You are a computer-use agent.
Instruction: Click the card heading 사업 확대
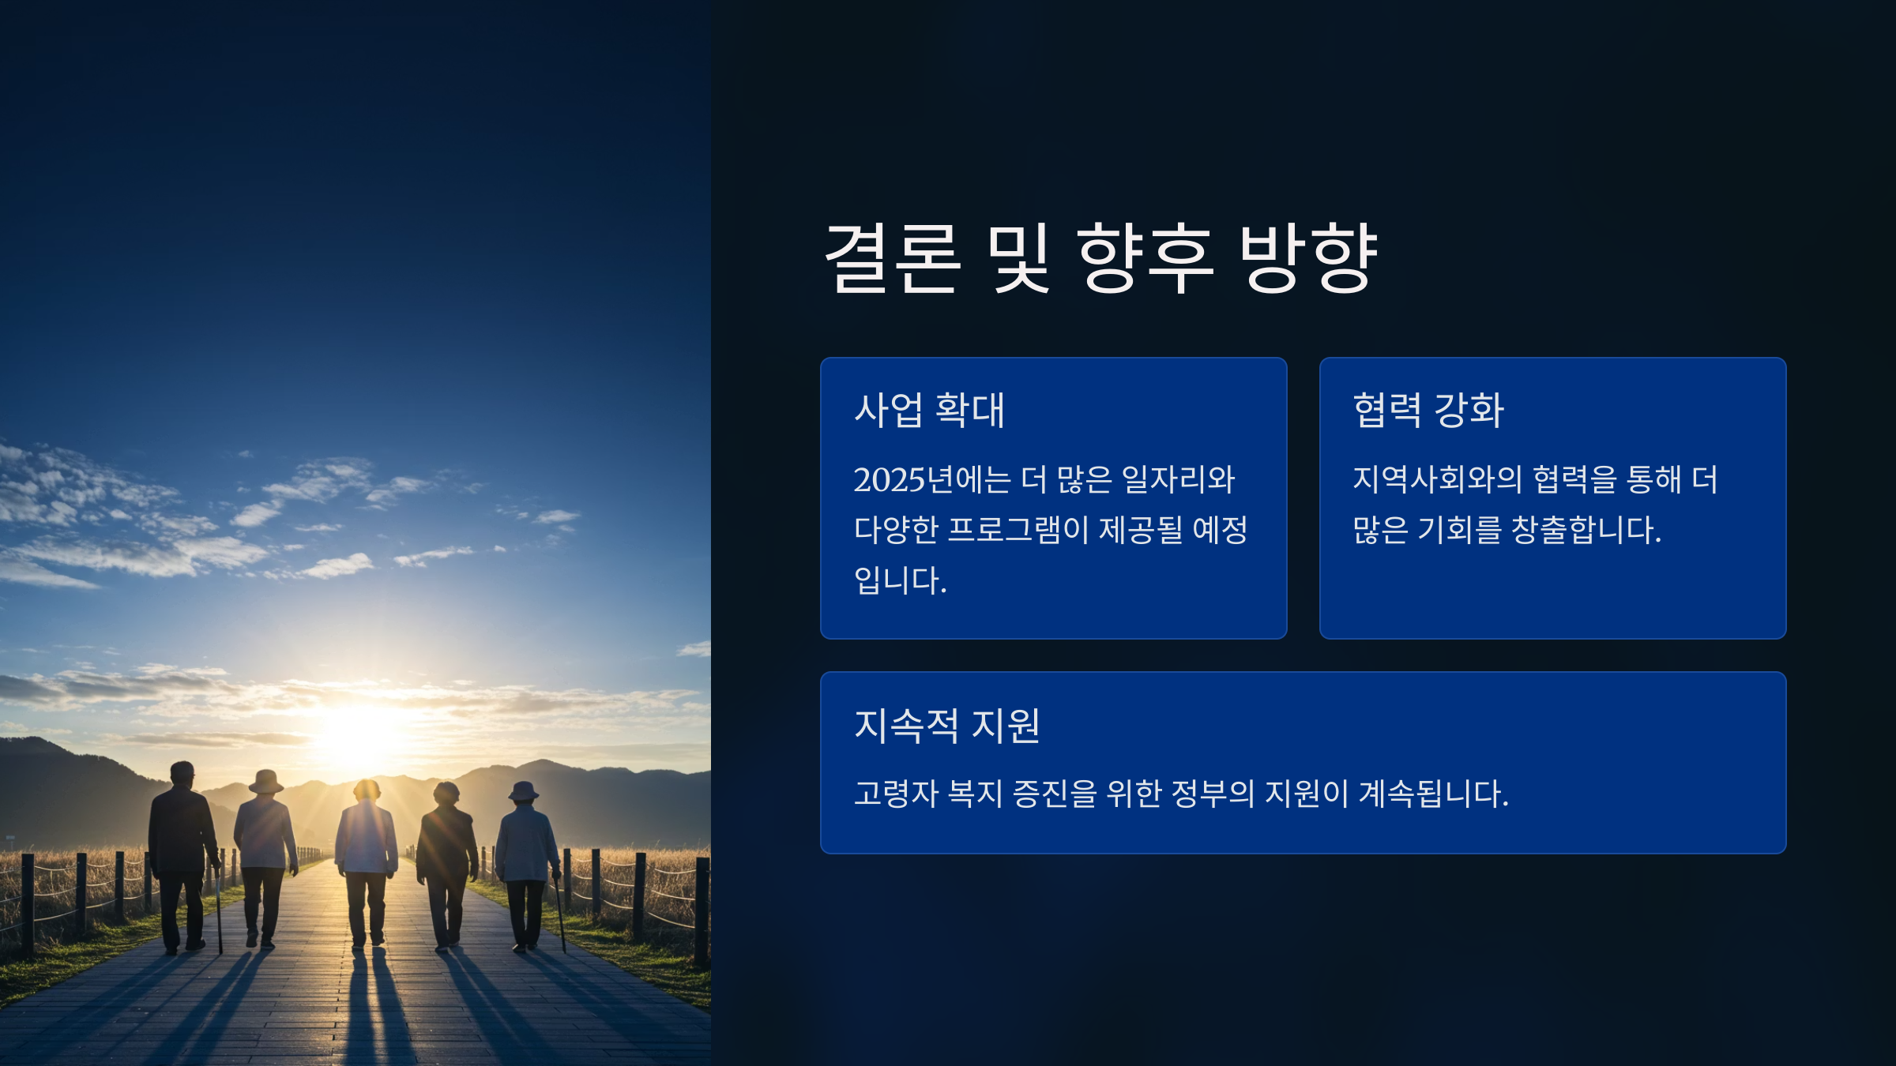click(930, 410)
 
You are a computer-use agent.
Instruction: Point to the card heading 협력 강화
click(1428, 410)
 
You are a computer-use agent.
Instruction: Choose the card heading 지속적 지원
click(947, 725)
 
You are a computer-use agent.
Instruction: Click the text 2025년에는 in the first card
click(932, 479)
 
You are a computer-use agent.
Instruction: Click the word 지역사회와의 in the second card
click(1437, 479)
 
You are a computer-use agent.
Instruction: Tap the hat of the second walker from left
click(265, 781)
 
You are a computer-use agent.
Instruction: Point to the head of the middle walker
click(367, 790)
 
